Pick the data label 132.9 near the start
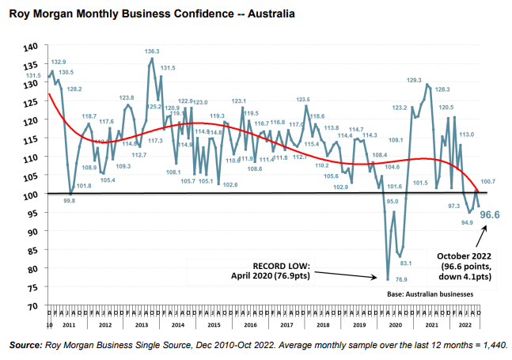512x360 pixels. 59,62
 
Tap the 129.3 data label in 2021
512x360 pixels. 414,80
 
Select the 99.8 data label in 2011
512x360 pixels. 69,201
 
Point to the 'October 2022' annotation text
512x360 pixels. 464,256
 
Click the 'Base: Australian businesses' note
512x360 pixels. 430,294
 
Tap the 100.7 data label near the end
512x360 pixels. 487,182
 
